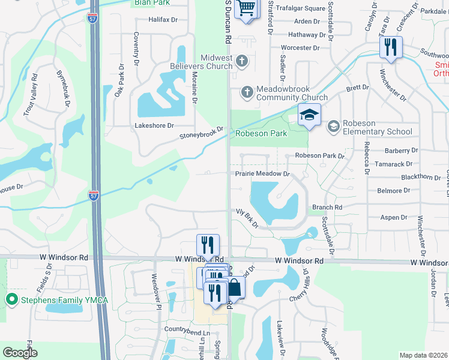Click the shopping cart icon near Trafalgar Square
tap(246, 8)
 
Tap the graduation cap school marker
tap(310, 115)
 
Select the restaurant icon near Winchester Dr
tap(391, 47)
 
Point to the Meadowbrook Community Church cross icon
tap(246, 92)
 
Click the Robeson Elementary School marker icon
tap(333, 127)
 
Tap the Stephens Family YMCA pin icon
tap(11, 299)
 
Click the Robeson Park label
tap(261, 133)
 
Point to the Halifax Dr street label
tap(164, 20)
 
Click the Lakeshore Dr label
tap(154, 125)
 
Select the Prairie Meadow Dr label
tap(262, 173)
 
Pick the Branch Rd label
tap(327, 207)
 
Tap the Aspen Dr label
tap(394, 218)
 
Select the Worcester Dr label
tap(300, 47)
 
